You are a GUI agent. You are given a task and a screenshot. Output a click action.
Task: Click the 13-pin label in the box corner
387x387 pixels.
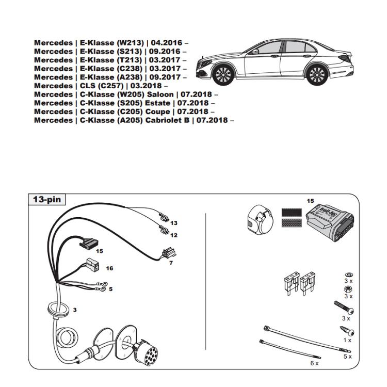coord(46,199)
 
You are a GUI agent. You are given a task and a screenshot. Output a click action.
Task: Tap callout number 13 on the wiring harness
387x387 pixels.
coord(174,223)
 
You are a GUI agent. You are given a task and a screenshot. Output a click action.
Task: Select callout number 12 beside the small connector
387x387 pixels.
coord(174,235)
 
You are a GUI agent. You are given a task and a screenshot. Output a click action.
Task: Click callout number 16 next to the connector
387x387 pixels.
coord(109,269)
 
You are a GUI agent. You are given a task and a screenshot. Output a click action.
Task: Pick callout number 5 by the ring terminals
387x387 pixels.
coord(110,289)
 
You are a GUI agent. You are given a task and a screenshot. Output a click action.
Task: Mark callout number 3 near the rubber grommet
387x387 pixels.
coord(75,310)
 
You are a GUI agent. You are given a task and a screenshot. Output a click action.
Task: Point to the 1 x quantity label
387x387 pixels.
coord(348,340)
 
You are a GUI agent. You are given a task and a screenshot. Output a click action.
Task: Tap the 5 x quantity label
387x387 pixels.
coord(348,357)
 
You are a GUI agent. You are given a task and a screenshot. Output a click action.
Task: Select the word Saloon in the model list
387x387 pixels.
coord(160,94)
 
